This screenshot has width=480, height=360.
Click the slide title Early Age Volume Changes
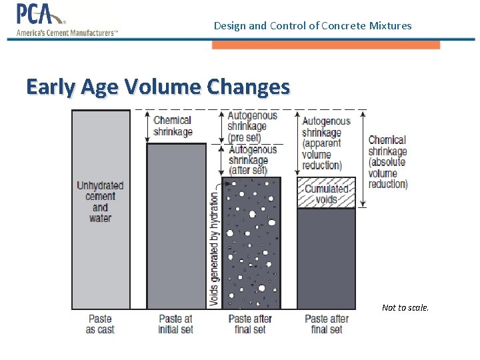click(x=158, y=87)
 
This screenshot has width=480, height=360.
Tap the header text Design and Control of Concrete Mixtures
click(x=313, y=26)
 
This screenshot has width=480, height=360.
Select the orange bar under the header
click(x=325, y=45)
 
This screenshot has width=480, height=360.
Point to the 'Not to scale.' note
click(x=405, y=307)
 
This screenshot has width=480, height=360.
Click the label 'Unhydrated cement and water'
click(x=100, y=201)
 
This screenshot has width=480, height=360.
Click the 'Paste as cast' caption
click(x=100, y=324)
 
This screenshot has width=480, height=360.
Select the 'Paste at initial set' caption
click(x=175, y=324)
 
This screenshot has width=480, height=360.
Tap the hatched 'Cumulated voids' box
click(x=326, y=193)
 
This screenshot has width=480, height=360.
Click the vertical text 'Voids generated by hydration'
click(x=214, y=249)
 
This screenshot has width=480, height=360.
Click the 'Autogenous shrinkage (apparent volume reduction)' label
click(x=326, y=143)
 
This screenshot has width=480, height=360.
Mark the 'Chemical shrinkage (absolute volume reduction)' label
click(x=387, y=162)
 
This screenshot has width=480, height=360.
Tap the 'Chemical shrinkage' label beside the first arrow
click(x=173, y=126)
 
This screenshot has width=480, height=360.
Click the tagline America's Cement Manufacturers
click(x=67, y=33)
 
